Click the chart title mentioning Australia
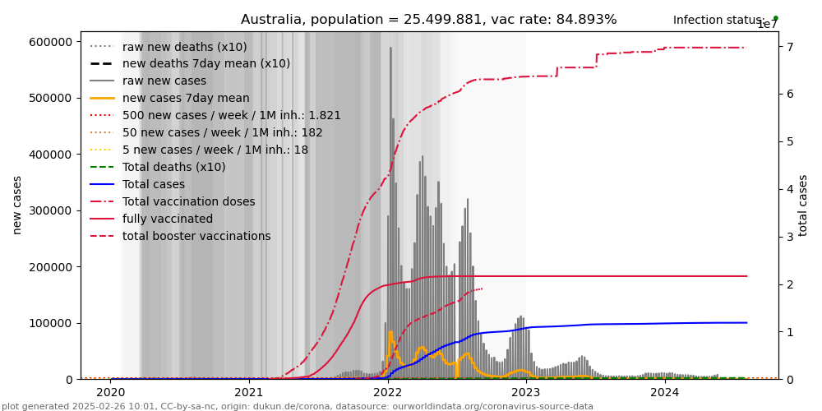(x=428, y=20)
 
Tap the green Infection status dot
(x=775, y=18)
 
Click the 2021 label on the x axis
(x=249, y=392)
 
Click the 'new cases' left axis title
(x=16, y=205)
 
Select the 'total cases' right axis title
(x=803, y=205)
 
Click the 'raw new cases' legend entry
(x=164, y=81)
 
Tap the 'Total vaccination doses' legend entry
(x=188, y=201)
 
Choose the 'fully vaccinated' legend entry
(x=167, y=219)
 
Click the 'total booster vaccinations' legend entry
(x=196, y=237)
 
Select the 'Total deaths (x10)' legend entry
(x=173, y=168)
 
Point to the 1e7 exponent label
(x=767, y=25)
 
